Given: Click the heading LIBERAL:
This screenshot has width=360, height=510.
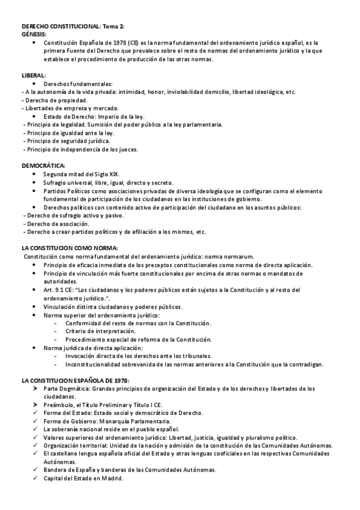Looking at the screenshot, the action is coord(33,75).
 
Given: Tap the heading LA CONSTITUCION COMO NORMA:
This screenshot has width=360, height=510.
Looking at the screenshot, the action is coord(69,248).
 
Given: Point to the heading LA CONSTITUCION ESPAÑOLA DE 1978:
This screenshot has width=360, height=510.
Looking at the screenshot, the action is coord(75,381).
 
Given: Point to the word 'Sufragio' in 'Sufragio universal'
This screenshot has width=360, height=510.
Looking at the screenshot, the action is coord(55,182).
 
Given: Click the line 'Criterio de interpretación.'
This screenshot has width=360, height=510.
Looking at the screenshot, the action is coord(101,331).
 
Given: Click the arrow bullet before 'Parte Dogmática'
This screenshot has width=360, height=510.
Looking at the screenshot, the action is coord(35,389).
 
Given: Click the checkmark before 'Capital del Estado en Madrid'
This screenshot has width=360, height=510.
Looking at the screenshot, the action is coord(35,479).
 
